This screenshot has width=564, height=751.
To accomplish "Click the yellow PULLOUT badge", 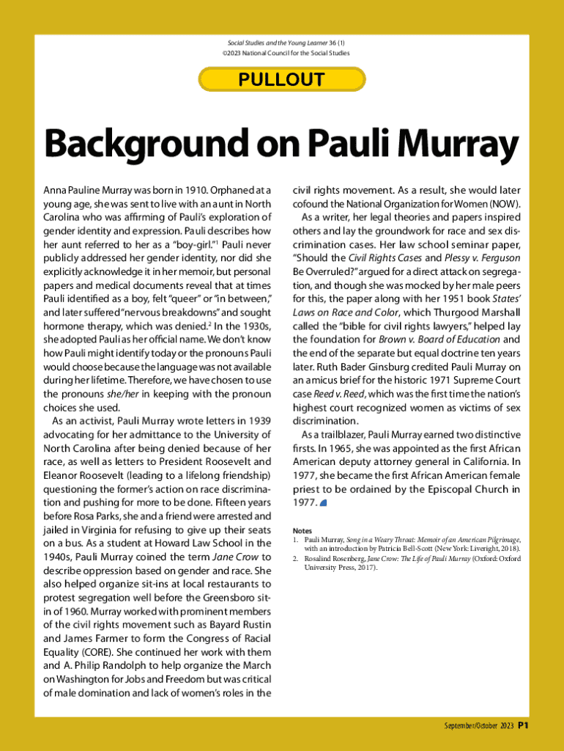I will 281,79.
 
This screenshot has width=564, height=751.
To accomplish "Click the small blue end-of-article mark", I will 324,503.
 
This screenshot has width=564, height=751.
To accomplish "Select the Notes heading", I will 302,530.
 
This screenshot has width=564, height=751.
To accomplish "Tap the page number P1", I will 523,726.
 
